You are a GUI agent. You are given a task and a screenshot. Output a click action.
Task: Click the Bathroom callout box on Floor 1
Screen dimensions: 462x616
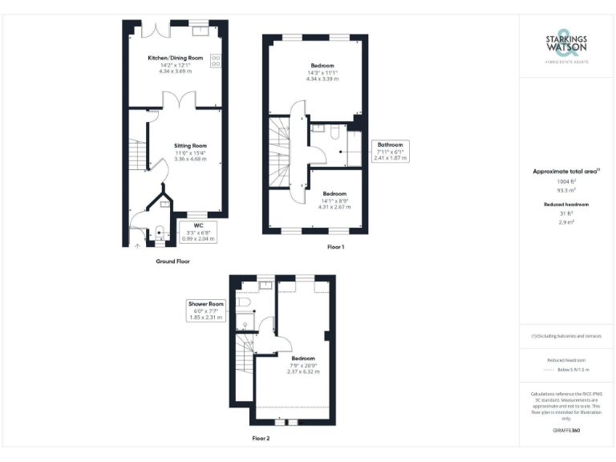(390, 152)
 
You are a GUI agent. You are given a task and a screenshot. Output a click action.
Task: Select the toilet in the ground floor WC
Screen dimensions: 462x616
(159, 233)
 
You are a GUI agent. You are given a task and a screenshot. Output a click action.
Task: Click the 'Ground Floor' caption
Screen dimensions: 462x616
(172, 261)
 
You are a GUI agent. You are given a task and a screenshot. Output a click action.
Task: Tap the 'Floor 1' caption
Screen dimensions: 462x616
(336, 247)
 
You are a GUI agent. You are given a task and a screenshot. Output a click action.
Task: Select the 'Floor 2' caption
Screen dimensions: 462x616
(261, 439)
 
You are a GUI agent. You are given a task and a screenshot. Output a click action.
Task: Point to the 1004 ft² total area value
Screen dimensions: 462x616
(566, 182)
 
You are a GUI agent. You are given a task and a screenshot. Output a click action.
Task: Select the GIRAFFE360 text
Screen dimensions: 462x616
(566, 431)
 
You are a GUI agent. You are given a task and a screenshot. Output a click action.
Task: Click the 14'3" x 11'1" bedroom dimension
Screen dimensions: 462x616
(322, 72)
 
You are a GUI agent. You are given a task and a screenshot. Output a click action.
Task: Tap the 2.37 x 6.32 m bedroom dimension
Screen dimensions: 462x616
(303, 372)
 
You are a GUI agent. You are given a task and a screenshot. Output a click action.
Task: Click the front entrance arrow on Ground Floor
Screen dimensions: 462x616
(136, 246)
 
